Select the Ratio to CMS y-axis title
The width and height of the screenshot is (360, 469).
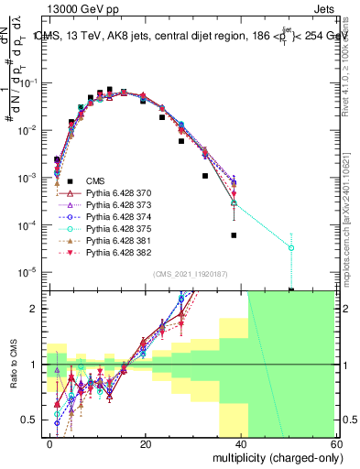tap(12, 365)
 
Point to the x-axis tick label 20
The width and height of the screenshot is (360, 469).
tap(146, 442)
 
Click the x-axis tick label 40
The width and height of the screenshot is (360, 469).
tap(241, 442)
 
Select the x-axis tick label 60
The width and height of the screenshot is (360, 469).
tap(335, 442)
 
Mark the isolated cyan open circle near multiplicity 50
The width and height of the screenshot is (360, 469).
tap(291, 247)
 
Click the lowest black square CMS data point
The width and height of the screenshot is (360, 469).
tap(291, 290)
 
